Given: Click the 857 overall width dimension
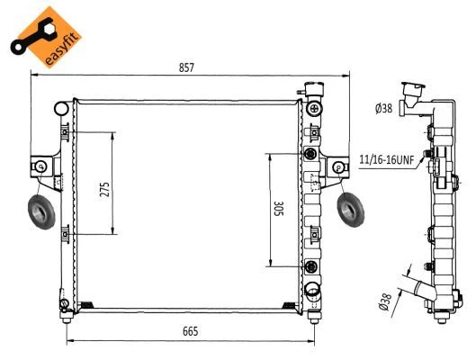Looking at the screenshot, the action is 186,67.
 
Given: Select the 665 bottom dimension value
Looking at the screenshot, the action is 191,331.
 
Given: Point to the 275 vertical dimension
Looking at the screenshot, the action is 104,189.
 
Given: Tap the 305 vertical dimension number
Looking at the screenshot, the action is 278,208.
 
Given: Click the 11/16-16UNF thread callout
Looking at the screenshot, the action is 386,159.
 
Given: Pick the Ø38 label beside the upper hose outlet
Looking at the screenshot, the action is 383,108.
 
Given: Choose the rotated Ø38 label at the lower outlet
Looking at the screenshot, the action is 385,302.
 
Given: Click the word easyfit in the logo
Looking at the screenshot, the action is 63,48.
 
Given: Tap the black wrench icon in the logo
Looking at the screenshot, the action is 32,36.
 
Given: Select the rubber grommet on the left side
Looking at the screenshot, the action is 41,212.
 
